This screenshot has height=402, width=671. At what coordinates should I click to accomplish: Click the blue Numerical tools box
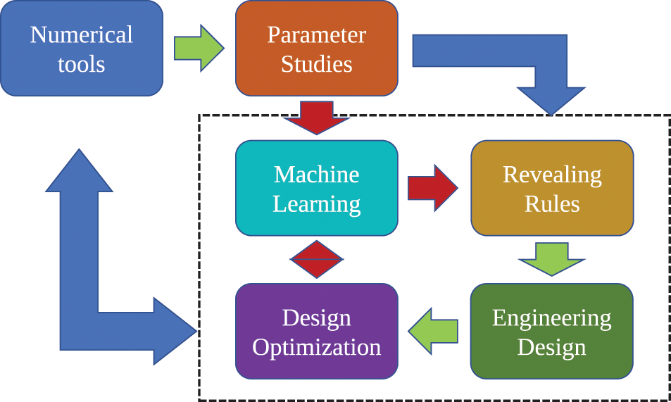pyautogui.click(x=82, y=49)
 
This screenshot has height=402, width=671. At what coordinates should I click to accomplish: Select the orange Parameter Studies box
pyautogui.click(x=316, y=49)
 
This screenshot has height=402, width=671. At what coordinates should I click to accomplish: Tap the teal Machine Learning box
pyautogui.click(x=316, y=188)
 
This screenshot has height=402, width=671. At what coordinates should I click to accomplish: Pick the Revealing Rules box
pyautogui.click(x=552, y=188)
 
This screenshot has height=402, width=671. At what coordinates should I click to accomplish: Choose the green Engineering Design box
pyautogui.click(x=552, y=332)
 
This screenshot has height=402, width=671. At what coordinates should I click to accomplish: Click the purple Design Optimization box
pyautogui.click(x=316, y=332)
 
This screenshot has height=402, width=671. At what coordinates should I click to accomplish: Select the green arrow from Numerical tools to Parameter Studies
pyautogui.click(x=199, y=48)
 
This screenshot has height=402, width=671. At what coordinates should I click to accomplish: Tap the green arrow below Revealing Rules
pyautogui.click(x=552, y=259)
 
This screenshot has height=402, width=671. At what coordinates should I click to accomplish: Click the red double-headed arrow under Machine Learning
pyautogui.click(x=316, y=259)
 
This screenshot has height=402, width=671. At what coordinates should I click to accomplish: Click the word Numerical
pyautogui.click(x=82, y=34)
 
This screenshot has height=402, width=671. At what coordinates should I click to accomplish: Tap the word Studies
pyautogui.click(x=316, y=64)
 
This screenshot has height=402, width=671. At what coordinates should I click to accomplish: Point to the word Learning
pyautogui.click(x=316, y=203)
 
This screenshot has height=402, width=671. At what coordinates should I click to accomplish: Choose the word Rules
pyautogui.click(x=552, y=203)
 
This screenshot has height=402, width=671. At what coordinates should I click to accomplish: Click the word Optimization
pyautogui.click(x=316, y=347)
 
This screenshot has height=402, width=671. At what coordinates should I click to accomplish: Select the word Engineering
pyautogui.click(x=552, y=318)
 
